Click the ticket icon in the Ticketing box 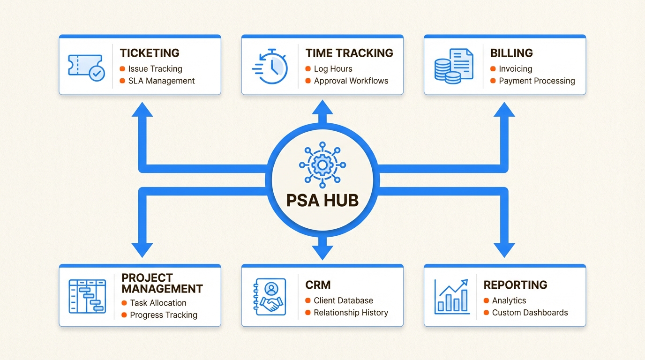pos(86,67)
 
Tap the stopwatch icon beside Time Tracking pos(270,67)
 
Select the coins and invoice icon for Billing pos(453,66)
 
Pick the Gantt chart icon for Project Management pos(87,296)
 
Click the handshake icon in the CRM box pos(270,296)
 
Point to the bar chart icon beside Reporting pos(452,296)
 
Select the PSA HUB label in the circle pos(322,200)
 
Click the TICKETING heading pos(150,53)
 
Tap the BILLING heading pos(511,53)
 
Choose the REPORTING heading pos(515,285)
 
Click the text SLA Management pos(161,81)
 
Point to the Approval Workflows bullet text pos(351,81)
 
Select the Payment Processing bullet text pos(537,81)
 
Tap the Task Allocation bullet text pos(158,303)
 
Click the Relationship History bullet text pos(351,312)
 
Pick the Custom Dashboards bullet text pos(530,312)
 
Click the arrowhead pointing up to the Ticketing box pos(142,110)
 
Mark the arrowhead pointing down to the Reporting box pos(504,249)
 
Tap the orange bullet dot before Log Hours pos(308,69)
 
